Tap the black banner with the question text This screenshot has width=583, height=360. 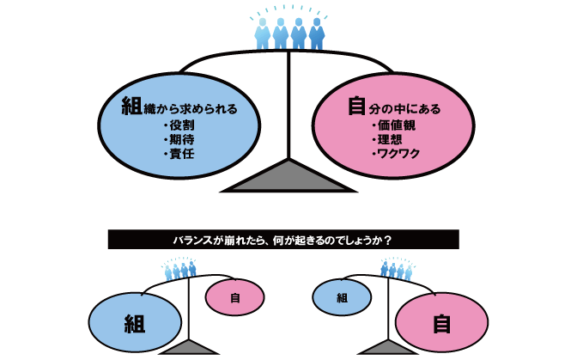(283, 240)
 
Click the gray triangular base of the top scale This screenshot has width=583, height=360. (289, 177)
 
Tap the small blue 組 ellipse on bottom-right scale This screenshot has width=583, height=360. (341, 297)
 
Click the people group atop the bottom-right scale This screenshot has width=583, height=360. (396, 271)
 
